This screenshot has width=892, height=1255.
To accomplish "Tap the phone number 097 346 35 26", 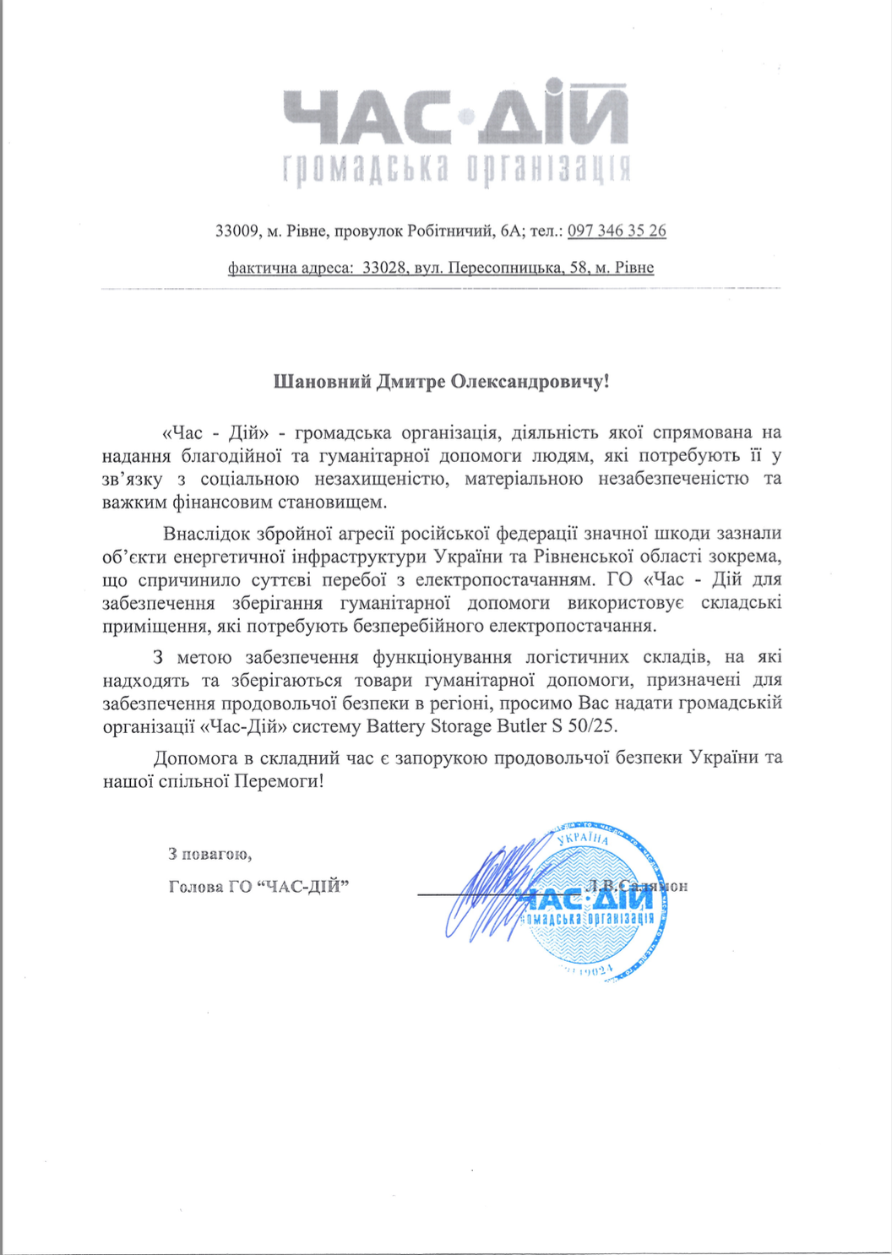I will tap(617, 231).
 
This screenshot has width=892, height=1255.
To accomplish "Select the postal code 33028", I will tap(384, 268).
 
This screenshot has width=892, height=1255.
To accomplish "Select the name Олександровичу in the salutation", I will tap(528, 382).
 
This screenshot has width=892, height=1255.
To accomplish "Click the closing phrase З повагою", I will tap(209, 854).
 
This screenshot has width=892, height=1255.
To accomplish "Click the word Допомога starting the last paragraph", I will tap(195, 758).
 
